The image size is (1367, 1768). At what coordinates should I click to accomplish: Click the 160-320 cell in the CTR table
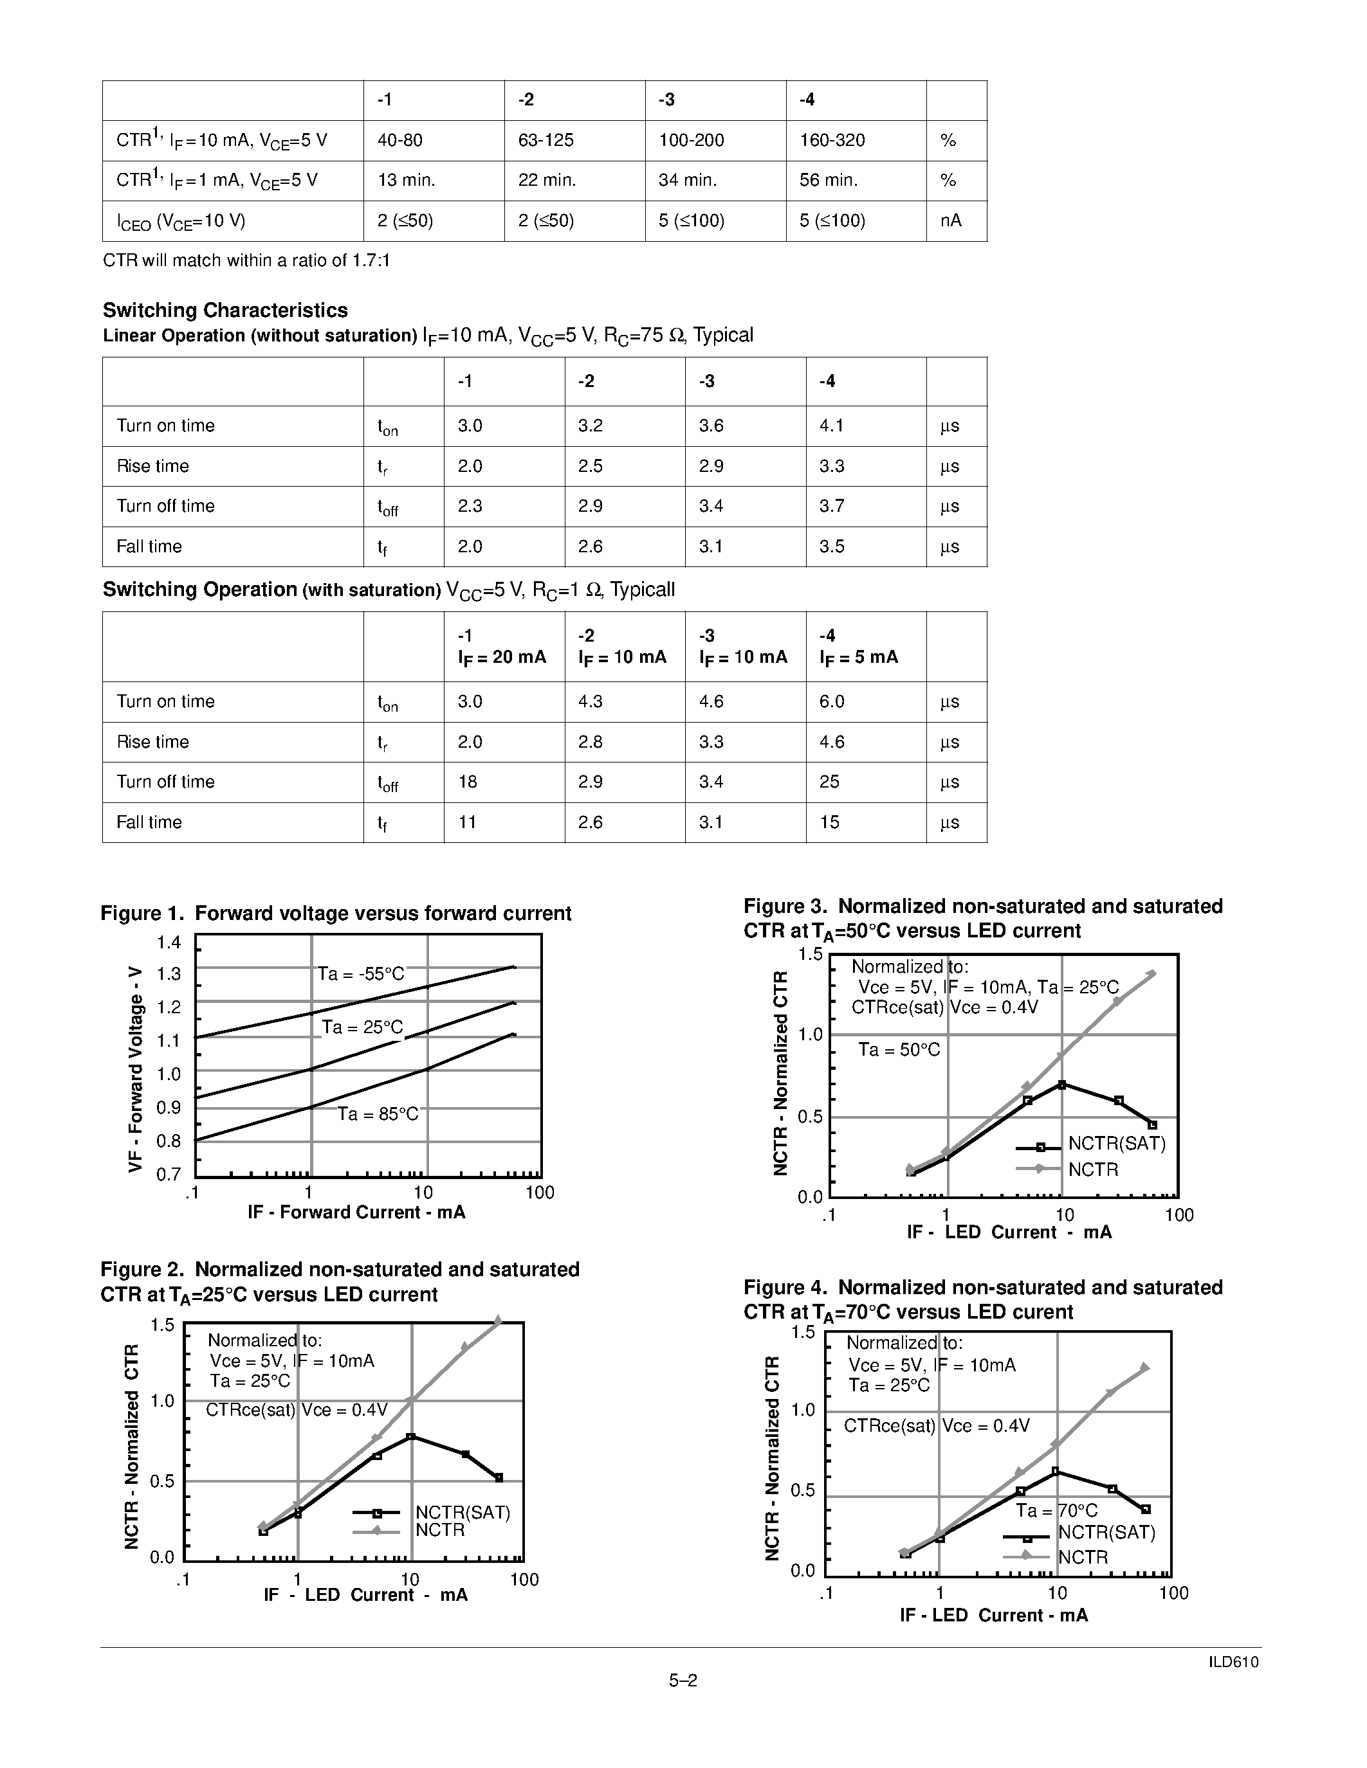(832, 140)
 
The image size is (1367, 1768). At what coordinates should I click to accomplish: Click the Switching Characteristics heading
(225, 310)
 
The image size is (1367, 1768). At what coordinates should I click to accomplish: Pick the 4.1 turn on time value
(831, 426)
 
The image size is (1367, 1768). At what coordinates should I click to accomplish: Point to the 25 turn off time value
(829, 782)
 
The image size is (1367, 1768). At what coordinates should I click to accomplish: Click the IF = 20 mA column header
(502, 657)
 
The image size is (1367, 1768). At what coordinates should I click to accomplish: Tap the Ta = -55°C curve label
(360, 973)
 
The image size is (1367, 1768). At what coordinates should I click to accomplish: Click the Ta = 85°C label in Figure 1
(378, 1114)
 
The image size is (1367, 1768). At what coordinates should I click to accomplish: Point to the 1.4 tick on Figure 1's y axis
(169, 943)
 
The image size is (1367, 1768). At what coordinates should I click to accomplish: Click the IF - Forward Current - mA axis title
(356, 1212)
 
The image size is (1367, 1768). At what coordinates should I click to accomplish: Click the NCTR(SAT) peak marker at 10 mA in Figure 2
(410, 1437)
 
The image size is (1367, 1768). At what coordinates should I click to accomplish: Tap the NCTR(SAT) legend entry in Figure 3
(1116, 1144)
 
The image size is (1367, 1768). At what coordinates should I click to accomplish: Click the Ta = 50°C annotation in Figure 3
(899, 1050)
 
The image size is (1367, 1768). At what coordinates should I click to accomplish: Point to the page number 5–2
(683, 1681)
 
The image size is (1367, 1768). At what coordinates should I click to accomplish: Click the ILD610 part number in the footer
(1233, 1662)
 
